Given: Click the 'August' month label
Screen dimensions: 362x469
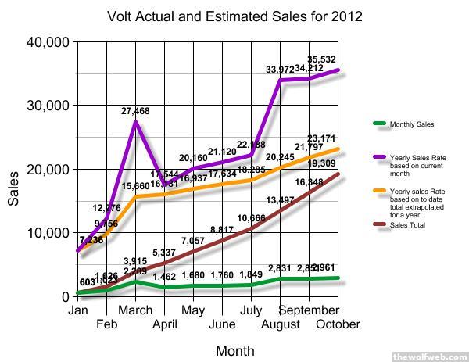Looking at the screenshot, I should point(280,323).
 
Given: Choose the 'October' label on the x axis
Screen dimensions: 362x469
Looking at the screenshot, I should point(338,323).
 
